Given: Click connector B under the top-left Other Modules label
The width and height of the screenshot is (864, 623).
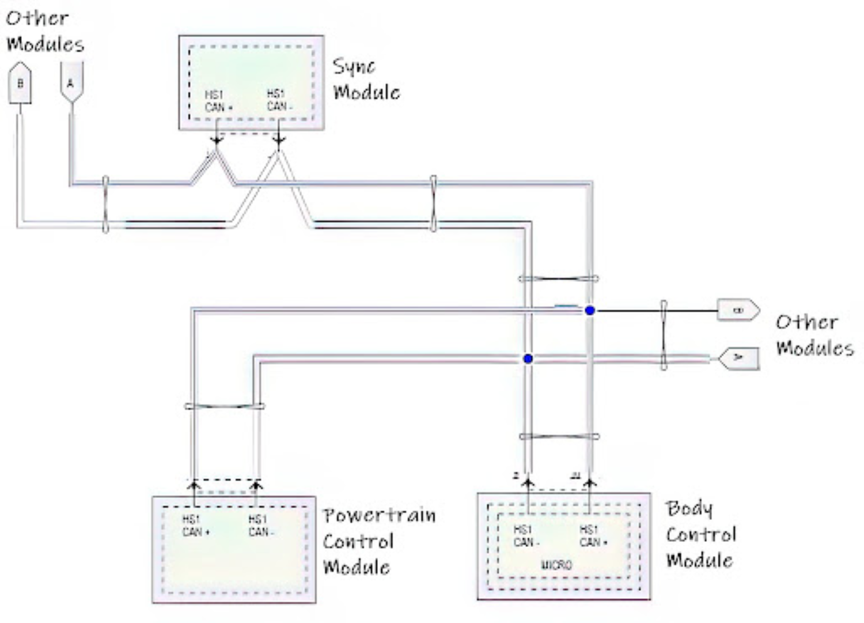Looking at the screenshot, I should [20, 84].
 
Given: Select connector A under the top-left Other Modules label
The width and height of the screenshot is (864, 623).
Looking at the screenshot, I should [71, 83].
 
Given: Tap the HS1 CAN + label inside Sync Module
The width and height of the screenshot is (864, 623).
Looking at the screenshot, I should [218, 101].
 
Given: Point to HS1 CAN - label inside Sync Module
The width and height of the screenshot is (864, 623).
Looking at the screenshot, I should [279, 100].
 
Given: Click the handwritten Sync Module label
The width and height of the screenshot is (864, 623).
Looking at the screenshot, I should [366, 80].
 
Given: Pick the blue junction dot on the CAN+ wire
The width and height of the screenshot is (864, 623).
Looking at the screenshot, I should [589, 311].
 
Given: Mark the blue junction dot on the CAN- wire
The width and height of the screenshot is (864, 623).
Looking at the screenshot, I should [528, 358].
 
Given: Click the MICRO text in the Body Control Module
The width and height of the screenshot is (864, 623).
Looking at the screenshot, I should [556, 565].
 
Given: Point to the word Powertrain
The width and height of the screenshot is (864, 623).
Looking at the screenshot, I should [379, 515].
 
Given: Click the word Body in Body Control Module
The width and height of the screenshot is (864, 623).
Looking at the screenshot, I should [689, 508].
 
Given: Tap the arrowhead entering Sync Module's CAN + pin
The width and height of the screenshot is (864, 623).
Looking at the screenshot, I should [217, 140].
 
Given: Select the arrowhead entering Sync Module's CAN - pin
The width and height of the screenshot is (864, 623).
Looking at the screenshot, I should [279, 140].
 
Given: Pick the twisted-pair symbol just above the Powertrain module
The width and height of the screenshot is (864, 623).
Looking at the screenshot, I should [224, 406].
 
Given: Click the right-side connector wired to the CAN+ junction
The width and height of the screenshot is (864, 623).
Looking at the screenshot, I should [737, 310].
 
